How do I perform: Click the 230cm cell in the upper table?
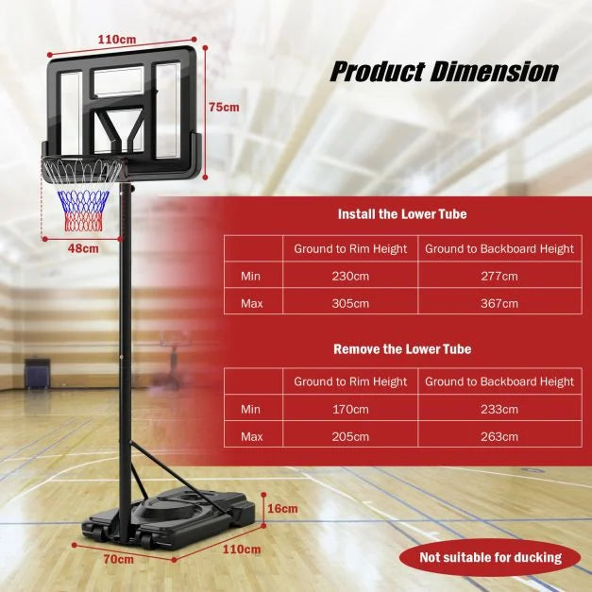349,276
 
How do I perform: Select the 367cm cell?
499,303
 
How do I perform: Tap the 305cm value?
349,303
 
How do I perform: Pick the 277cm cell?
499,276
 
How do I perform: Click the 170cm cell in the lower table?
349,410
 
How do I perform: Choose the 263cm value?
499,437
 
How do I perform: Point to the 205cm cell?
349,437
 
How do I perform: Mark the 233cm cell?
499,410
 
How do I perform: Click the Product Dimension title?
443,72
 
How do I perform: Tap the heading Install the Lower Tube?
402,214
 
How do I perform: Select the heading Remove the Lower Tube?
402,349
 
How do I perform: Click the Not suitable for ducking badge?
491,557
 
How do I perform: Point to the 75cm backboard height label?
224,108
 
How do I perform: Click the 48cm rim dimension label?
82,248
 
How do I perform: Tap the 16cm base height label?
282,508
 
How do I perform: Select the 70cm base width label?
117,559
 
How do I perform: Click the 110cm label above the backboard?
116,40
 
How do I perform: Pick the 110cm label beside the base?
242,549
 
